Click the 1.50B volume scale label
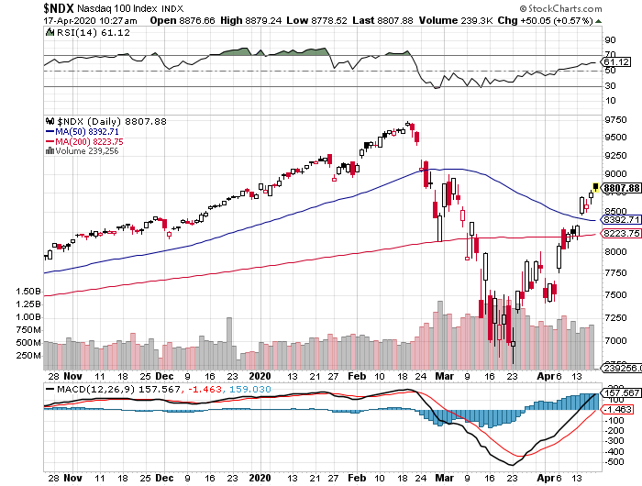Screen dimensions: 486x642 [28, 292]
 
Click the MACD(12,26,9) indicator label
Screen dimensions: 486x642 [91, 388]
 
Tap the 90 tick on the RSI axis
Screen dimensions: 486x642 [607, 41]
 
